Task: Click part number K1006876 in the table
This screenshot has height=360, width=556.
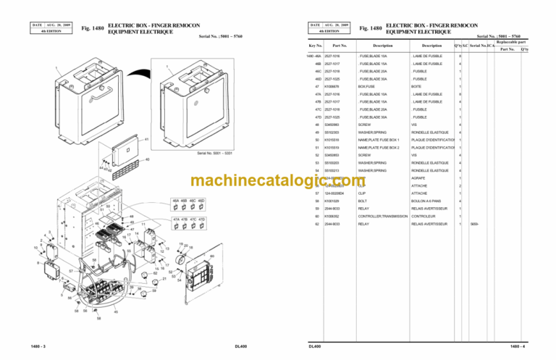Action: (332, 86)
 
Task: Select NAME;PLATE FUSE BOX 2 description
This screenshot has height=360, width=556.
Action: (379, 147)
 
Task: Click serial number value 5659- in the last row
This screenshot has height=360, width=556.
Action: (474, 224)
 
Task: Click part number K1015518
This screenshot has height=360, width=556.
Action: (332, 140)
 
